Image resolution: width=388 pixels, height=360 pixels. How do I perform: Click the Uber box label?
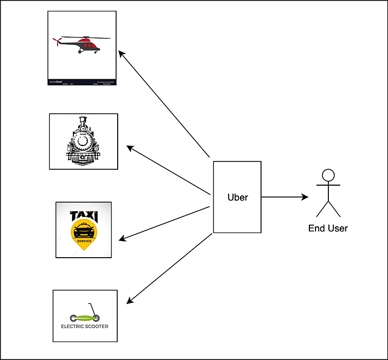pyautogui.click(x=237, y=197)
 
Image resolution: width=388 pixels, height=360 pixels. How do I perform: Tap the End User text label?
pyautogui.click(x=328, y=228)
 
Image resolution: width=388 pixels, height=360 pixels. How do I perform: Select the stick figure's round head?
pyautogui.click(x=328, y=175)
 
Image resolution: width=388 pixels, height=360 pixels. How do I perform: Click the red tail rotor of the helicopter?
pyautogui.click(x=58, y=40)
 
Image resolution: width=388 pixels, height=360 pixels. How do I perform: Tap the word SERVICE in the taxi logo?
pyautogui.click(x=84, y=241)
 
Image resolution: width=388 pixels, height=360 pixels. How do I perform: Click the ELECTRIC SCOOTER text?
pyautogui.click(x=85, y=326)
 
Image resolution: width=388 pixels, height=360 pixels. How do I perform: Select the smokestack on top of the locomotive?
pyautogui.click(x=82, y=122)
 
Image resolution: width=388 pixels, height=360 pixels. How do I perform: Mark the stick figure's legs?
pyautogui.click(x=328, y=208)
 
